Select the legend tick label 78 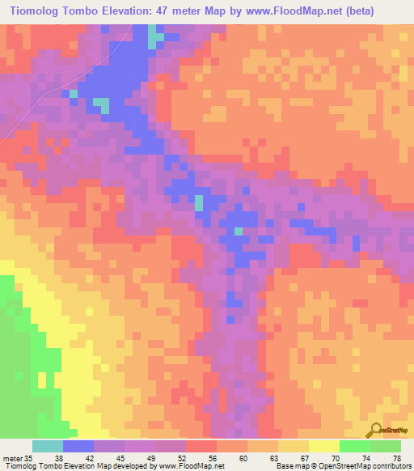(x=396, y=457)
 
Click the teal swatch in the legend (x=48, y=446)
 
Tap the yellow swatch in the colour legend (x=324, y=446)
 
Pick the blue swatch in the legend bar (x=78, y=446)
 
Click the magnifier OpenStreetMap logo (x=377, y=430)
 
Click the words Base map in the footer (x=289, y=466)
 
